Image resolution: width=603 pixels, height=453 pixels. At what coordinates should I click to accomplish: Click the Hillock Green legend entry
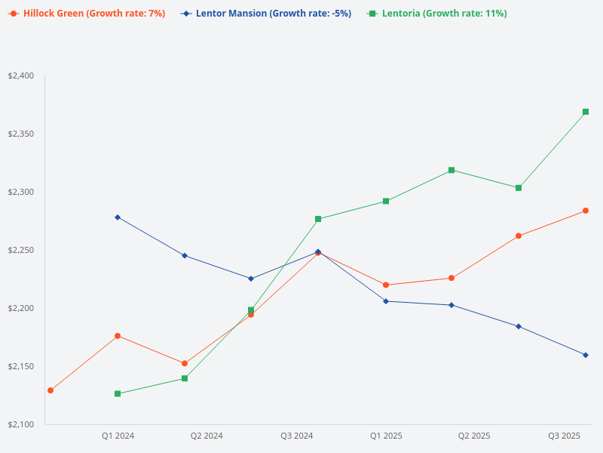[87, 14]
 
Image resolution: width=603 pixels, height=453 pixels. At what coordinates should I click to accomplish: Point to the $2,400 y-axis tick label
[21, 75]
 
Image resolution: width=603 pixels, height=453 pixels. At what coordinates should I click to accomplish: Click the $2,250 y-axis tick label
[21, 250]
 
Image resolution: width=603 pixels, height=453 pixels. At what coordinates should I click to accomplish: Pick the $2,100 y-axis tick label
[21, 424]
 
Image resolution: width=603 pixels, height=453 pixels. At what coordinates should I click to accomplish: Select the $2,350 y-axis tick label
[21, 134]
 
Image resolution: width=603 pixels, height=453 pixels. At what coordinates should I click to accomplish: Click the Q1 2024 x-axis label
[118, 436]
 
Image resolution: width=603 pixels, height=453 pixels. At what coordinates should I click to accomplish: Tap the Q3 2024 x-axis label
[296, 436]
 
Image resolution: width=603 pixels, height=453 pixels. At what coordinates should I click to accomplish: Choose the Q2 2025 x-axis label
[474, 436]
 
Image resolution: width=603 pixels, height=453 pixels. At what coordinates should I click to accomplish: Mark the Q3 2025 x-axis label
[564, 436]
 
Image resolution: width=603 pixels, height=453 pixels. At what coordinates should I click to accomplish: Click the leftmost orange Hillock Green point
[51, 390]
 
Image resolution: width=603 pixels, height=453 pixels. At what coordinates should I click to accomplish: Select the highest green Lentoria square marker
[586, 112]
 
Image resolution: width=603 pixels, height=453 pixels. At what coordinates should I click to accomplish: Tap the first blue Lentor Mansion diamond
[118, 217]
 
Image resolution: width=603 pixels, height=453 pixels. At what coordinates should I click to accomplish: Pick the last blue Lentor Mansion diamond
[586, 355]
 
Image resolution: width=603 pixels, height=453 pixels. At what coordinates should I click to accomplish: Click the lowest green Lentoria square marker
[118, 393]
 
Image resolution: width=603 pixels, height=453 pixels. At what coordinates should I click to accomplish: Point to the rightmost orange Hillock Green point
[586, 211]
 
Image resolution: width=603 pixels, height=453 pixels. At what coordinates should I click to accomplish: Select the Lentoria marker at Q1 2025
[386, 201]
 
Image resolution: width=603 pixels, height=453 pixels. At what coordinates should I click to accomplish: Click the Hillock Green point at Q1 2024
[118, 336]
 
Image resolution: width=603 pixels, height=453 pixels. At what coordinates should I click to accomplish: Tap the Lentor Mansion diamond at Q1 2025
[386, 301]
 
